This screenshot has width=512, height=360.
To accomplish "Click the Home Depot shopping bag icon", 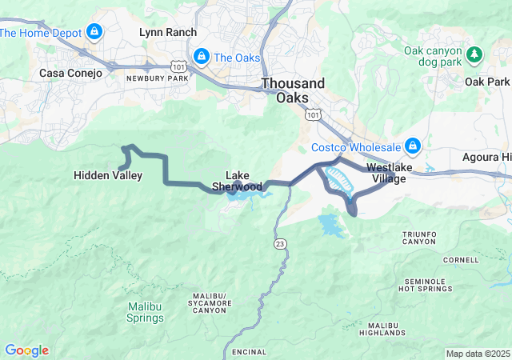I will pyautogui.click(x=94, y=32).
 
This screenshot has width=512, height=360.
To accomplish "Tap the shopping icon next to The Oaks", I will pyautogui.click(x=202, y=57).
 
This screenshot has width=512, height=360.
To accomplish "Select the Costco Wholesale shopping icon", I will pyautogui.click(x=413, y=146).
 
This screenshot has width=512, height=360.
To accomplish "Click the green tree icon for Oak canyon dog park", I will pyautogui.click(x=475, y=54).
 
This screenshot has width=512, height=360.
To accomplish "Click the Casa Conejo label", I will pyautogui.click(x=71, y=73).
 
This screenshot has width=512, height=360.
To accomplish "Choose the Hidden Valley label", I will pyautogui.click(x=108, y=175).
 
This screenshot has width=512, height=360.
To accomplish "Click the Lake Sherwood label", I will pyautogui.click(x=237, y=181).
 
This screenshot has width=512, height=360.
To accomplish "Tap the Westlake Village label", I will pyautogui.click(x=386, y=173).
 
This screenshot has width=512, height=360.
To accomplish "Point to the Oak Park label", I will pyautogui.click(x=487, y=82).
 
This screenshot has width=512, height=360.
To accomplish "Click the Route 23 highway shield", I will pyautogui.click(x=278, y=243).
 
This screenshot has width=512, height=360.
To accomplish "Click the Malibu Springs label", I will pyautogui.click(x=146, y=312).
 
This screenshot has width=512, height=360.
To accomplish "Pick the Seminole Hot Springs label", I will pyautogui.click(x=429, y=284).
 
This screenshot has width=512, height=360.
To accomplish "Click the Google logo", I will pyautogui.click(x=26, y=350).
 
